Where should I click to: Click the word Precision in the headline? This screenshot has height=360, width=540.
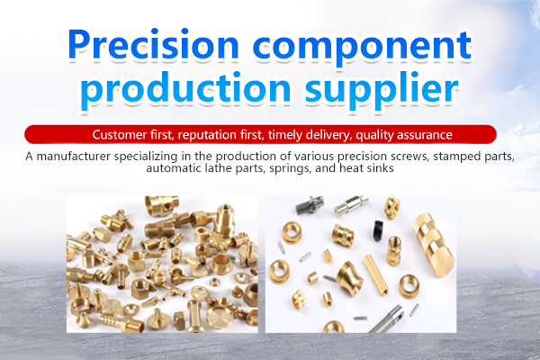153,44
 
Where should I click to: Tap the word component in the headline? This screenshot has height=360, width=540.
362,48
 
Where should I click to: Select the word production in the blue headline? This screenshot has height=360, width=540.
185,88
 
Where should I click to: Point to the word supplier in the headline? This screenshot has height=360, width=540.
382,90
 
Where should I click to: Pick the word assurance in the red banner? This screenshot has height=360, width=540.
424,135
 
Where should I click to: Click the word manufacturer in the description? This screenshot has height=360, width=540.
74,157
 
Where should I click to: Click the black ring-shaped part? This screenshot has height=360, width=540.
378,230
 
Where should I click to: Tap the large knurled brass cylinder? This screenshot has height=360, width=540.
434,245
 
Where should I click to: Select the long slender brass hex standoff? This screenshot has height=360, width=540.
376,275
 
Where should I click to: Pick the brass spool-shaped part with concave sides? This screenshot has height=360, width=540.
350,278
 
